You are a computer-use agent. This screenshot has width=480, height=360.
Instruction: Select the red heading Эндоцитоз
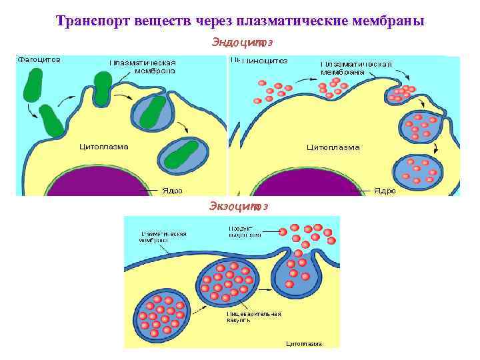pos(242,43)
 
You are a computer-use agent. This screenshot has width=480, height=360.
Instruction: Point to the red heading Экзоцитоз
pos(239,205)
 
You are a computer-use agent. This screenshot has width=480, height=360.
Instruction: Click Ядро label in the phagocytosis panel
pos(172,190)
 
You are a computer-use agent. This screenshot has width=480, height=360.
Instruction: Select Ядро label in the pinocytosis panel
pos(385,191)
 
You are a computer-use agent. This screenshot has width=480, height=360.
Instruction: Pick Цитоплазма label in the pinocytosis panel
pos(333,147)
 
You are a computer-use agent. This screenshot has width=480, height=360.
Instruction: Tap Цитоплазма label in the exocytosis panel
pos(303,344)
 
